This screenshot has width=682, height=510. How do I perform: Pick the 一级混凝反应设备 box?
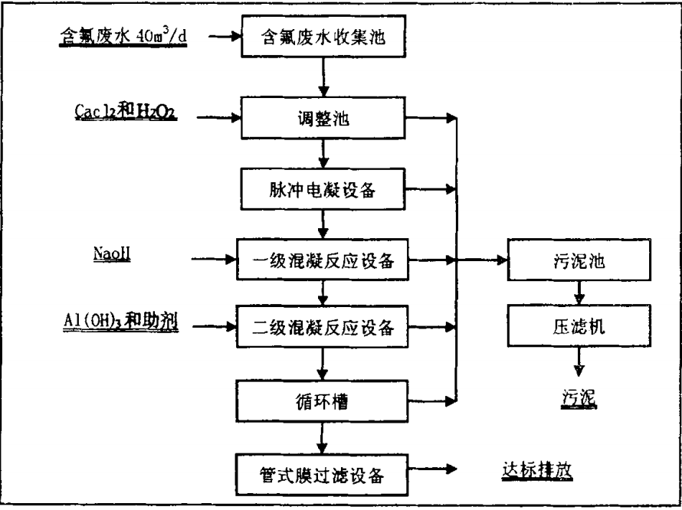click(x=323, y=261)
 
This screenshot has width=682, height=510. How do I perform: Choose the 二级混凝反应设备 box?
click(x=323, y=328)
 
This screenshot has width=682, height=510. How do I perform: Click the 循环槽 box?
click(x=323, y=399)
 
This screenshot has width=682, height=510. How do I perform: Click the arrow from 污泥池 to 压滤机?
click(x=580, y=293)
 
